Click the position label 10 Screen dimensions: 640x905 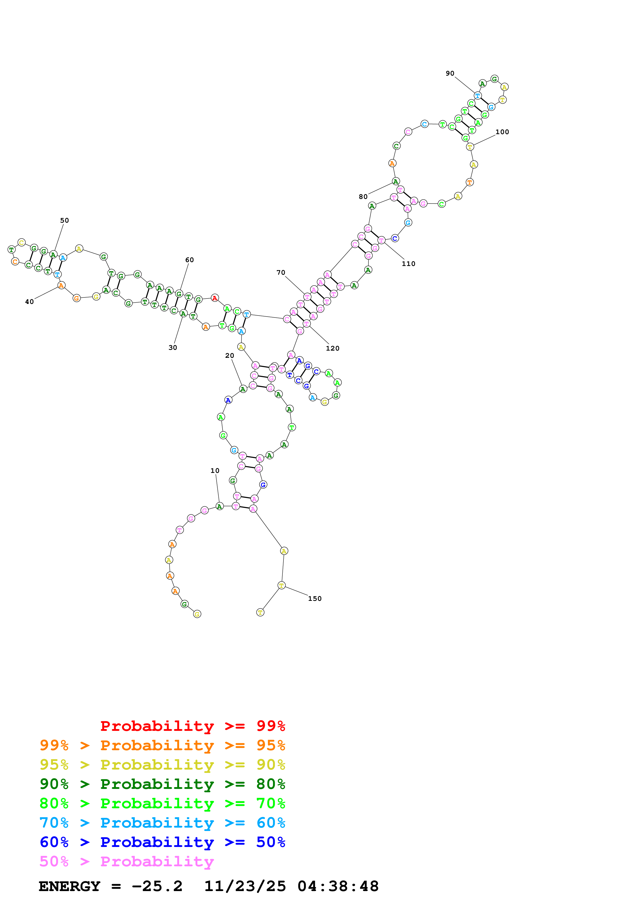215,471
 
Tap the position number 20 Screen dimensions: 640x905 230,355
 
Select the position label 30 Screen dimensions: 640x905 173,348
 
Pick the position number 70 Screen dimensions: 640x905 281,272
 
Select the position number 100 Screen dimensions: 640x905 502,132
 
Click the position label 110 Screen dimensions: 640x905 408,264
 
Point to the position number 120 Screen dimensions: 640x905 333,349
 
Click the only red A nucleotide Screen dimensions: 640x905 215,298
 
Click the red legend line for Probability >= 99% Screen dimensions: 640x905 192,726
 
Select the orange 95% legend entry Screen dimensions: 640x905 162,745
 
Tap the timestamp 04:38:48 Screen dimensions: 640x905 338,886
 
